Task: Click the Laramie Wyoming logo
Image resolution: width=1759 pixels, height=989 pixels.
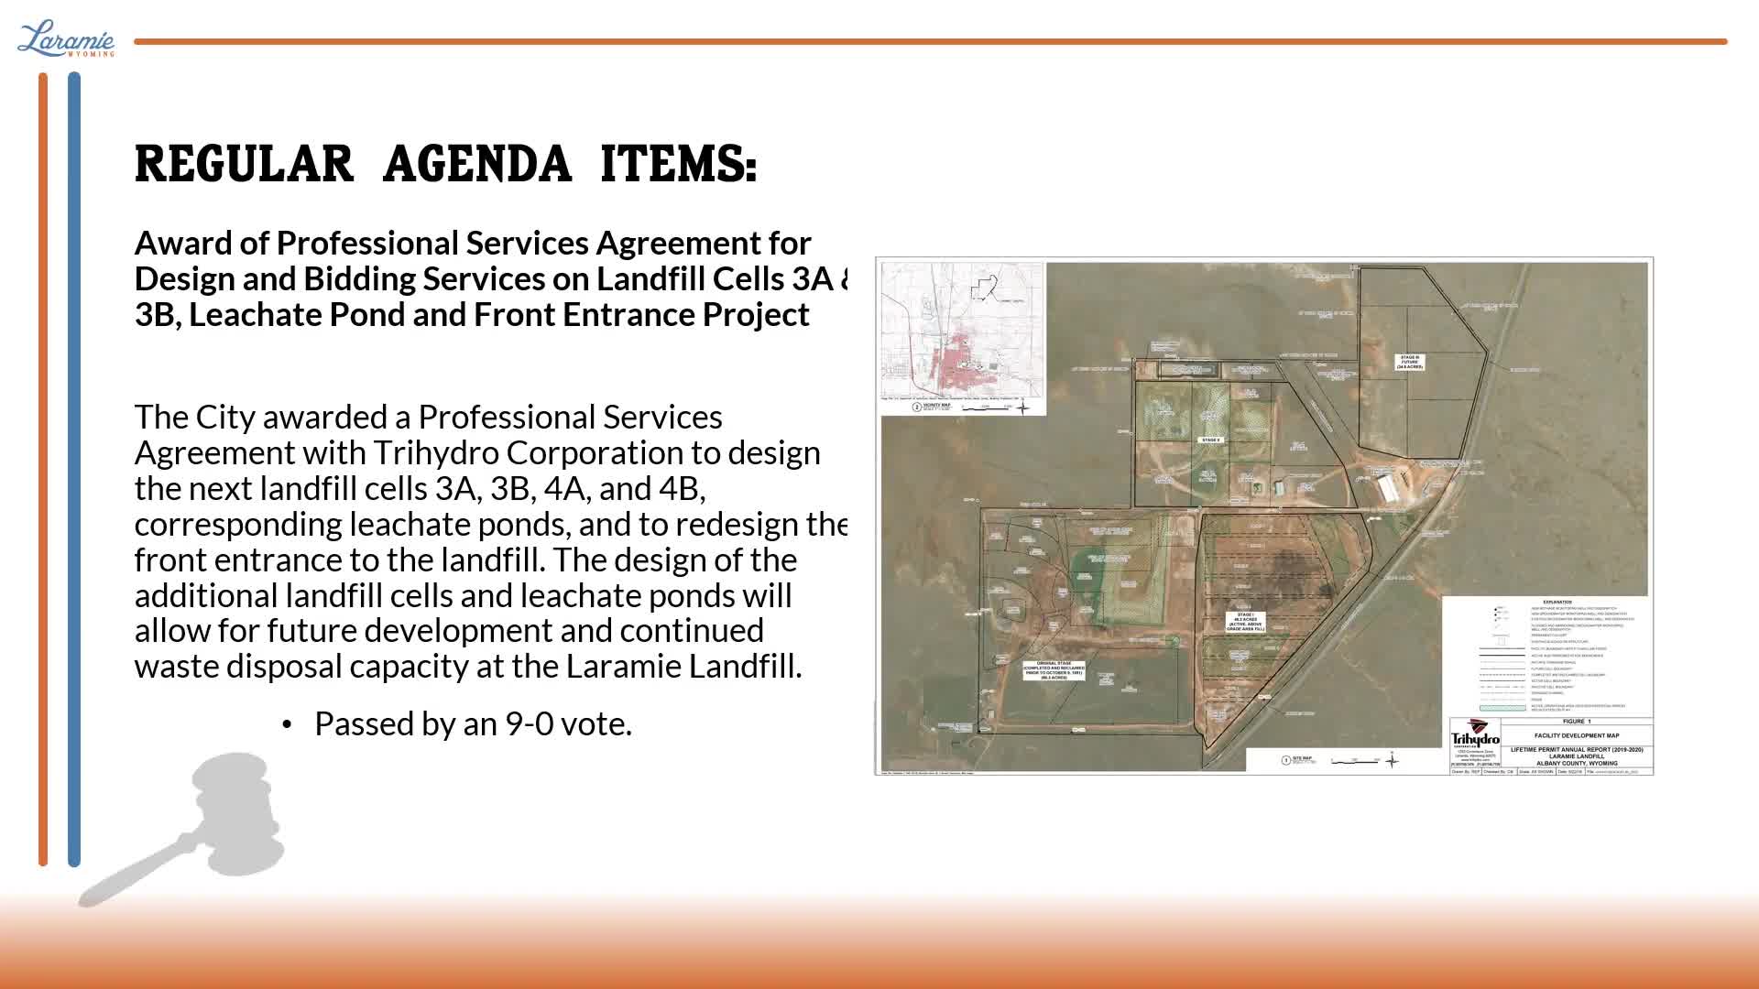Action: coord(66,39)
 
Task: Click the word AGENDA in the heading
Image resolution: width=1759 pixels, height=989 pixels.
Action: coord(476,165)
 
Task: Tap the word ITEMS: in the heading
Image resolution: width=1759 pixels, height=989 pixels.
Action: coord(678,165)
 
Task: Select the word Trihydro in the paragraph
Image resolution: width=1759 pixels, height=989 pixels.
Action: coord(435,453)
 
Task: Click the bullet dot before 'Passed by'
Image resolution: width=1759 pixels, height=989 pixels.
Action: coord(287,725)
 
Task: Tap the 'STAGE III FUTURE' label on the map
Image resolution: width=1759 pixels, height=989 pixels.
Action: coord(1409,362)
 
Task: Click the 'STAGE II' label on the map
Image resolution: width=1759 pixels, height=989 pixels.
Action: coord(1210,440)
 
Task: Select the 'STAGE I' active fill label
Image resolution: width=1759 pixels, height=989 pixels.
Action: coord(1245,622)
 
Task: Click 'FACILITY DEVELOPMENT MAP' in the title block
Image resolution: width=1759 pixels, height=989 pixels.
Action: coord(1576,735)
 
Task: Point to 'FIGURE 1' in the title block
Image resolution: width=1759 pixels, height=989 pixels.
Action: coord(1576,722)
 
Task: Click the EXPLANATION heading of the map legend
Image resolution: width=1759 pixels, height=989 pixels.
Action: coord(1557,603)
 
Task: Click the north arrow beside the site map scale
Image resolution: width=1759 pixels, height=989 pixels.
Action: coord(1392,760)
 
